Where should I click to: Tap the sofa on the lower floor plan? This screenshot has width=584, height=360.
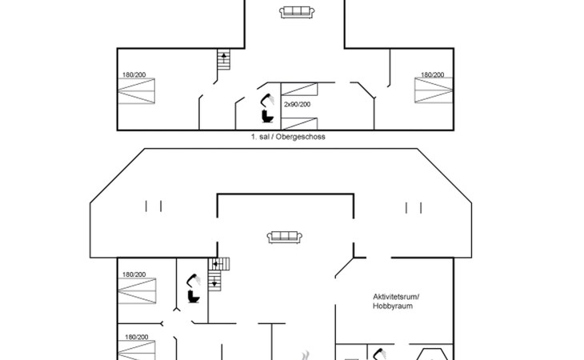click(x=285, y=236)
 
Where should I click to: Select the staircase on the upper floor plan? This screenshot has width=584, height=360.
click(x=224, y=61)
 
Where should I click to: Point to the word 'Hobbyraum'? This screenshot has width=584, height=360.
click(x=393, y=306)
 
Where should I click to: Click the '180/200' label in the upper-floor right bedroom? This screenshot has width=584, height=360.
click(x=433, y=74)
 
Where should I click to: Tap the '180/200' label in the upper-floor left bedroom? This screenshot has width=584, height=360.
click(x=134, y=75)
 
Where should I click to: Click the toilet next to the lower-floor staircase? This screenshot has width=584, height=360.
click(x=193, y=295)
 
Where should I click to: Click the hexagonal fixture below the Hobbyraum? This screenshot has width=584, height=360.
click(x=431, y=354)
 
